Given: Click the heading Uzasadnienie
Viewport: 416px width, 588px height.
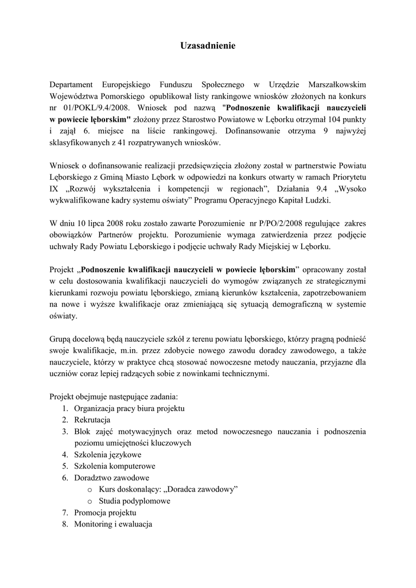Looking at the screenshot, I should point(208,45).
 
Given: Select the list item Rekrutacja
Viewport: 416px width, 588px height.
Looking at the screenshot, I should point(92,420).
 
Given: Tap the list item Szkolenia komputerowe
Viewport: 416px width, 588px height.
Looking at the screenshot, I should point(115,466).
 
